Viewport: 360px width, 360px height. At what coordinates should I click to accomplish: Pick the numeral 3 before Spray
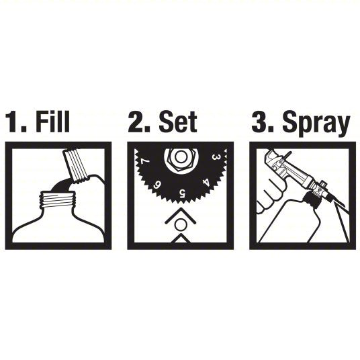(261, 123)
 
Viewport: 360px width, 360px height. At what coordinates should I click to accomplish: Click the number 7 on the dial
(143, 162)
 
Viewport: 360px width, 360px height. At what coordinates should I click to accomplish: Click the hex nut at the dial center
(180, 158)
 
